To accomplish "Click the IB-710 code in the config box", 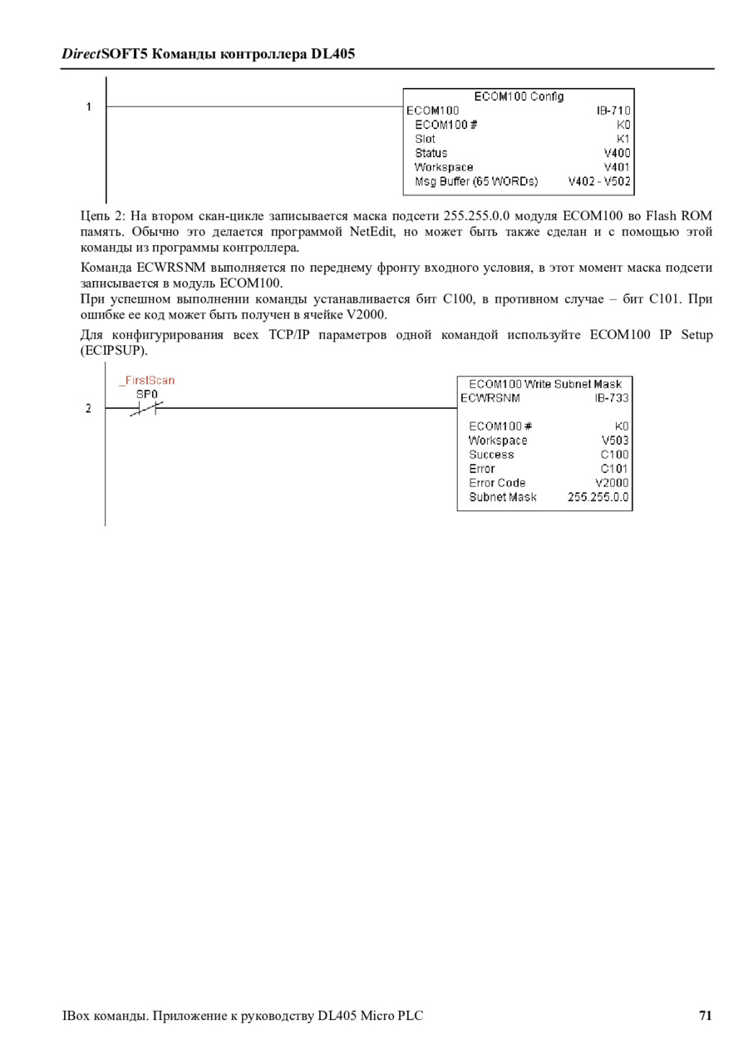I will (613, 111).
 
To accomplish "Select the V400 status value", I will (617, 153).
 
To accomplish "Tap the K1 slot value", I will (623, 139).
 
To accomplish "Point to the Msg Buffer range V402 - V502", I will (598, 181).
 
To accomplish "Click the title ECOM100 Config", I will (519, 96).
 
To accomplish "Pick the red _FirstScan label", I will (146, 381).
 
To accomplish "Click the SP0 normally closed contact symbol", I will (146, 408).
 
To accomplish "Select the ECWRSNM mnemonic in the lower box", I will (490, 398).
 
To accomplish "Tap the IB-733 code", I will (611, 398).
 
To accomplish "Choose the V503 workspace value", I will (615, 441).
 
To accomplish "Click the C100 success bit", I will (614, 455).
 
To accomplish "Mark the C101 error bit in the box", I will (614, 469).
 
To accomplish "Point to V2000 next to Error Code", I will (612, 483).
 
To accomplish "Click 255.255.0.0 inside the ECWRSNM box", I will (598, 497).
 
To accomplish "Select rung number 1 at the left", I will (88, 106).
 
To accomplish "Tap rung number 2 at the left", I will (88, 408).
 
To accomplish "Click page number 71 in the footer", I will (705, 1015).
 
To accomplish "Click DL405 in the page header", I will (332, 54).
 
